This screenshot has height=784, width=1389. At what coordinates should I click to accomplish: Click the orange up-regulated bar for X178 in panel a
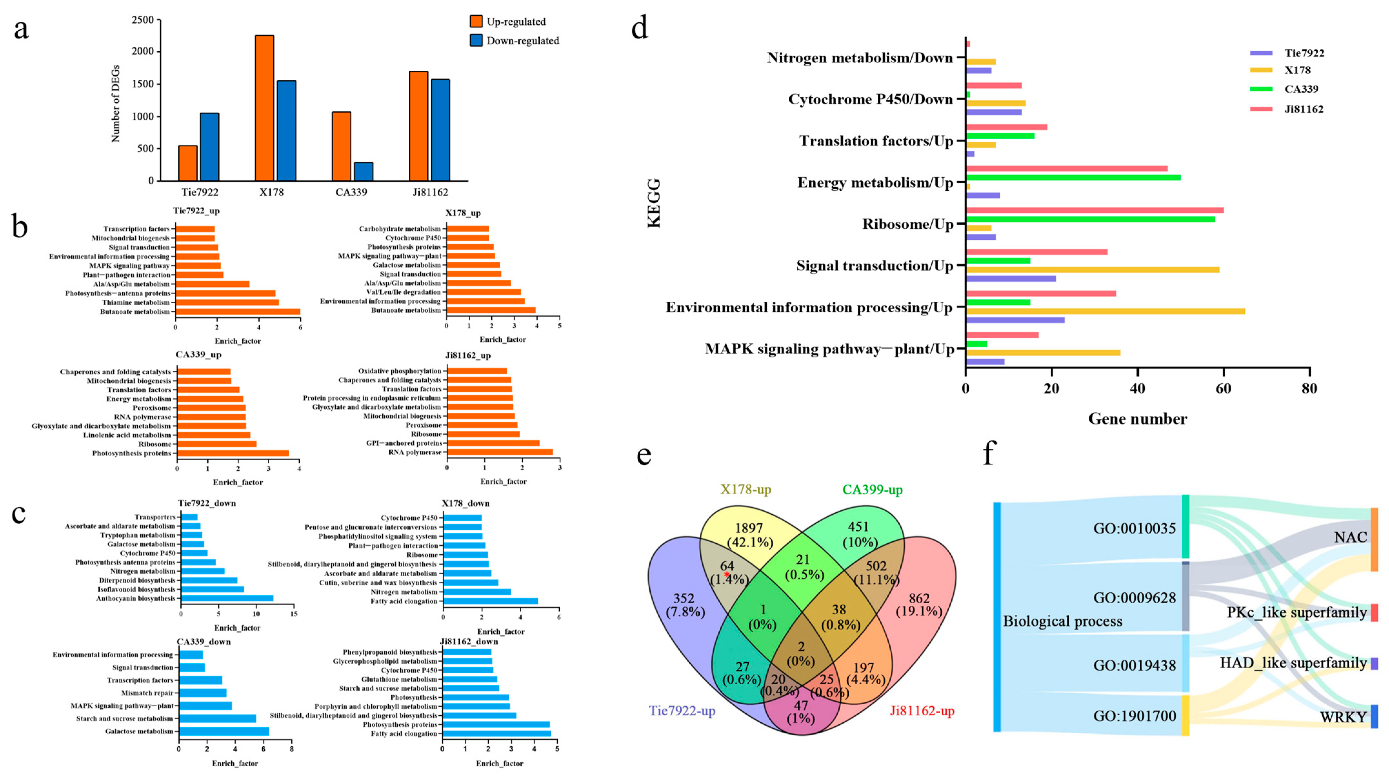point(264,108)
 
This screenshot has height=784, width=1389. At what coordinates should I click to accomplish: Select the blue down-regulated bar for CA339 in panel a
point(364,171)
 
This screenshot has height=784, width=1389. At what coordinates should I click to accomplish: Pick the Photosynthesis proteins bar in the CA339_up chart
point(233,453)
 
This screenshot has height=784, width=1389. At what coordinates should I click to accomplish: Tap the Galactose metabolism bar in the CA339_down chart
point(224,731)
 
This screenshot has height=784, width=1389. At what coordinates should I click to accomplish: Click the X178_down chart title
point(465,503)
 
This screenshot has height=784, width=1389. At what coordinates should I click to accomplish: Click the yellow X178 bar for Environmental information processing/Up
point(1105,311)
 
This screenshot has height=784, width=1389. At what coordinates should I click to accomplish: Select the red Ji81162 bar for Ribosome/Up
point(1094,210)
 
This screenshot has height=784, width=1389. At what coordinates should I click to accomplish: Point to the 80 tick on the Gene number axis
point(1309,388)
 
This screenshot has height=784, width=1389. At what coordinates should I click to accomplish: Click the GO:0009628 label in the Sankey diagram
point(1134,598)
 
